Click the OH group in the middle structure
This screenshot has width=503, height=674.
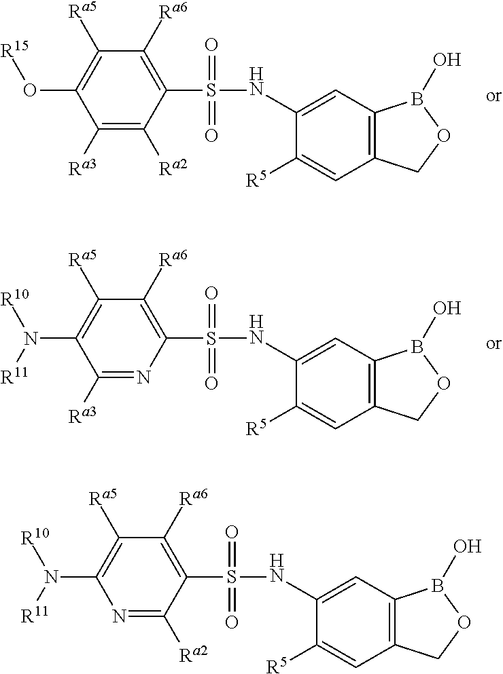click(x=447, y=309)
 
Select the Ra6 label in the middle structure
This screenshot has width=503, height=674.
click(x=173, y=260)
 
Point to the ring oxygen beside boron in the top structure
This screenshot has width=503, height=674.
click(x=443, y=136)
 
